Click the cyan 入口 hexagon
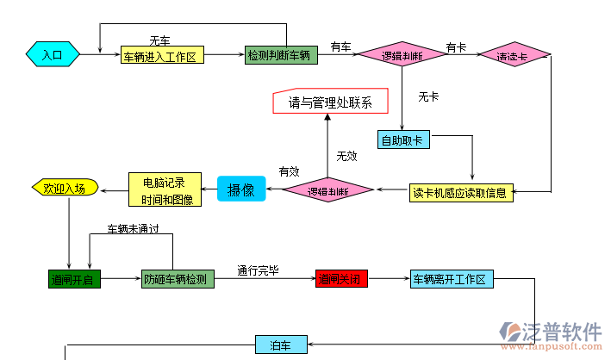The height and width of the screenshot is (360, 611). pos(53,54)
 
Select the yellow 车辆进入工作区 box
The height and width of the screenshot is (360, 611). pos(162,55)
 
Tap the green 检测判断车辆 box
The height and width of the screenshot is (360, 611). pos(277,54)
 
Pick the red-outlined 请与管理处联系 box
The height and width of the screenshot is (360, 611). pos(330,102)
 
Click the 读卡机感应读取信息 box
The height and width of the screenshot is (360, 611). pos(461,191)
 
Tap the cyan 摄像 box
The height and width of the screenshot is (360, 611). pos(240,189)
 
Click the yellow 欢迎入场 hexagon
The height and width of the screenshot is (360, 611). pos(65,188)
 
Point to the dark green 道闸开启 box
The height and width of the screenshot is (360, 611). pos(73,279)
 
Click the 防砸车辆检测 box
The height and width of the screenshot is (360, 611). pos(175,279)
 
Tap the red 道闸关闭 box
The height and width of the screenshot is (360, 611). pos(342,279)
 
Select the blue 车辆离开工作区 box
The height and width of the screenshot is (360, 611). pos(449,279)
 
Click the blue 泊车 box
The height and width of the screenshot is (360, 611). pos(280,345)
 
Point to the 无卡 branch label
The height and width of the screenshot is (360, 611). pos(428,97)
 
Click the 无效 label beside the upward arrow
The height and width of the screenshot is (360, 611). pos(346,156)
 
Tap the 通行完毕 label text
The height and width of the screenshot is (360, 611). pos(259,270)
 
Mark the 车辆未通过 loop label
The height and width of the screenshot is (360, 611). pos(133,230)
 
